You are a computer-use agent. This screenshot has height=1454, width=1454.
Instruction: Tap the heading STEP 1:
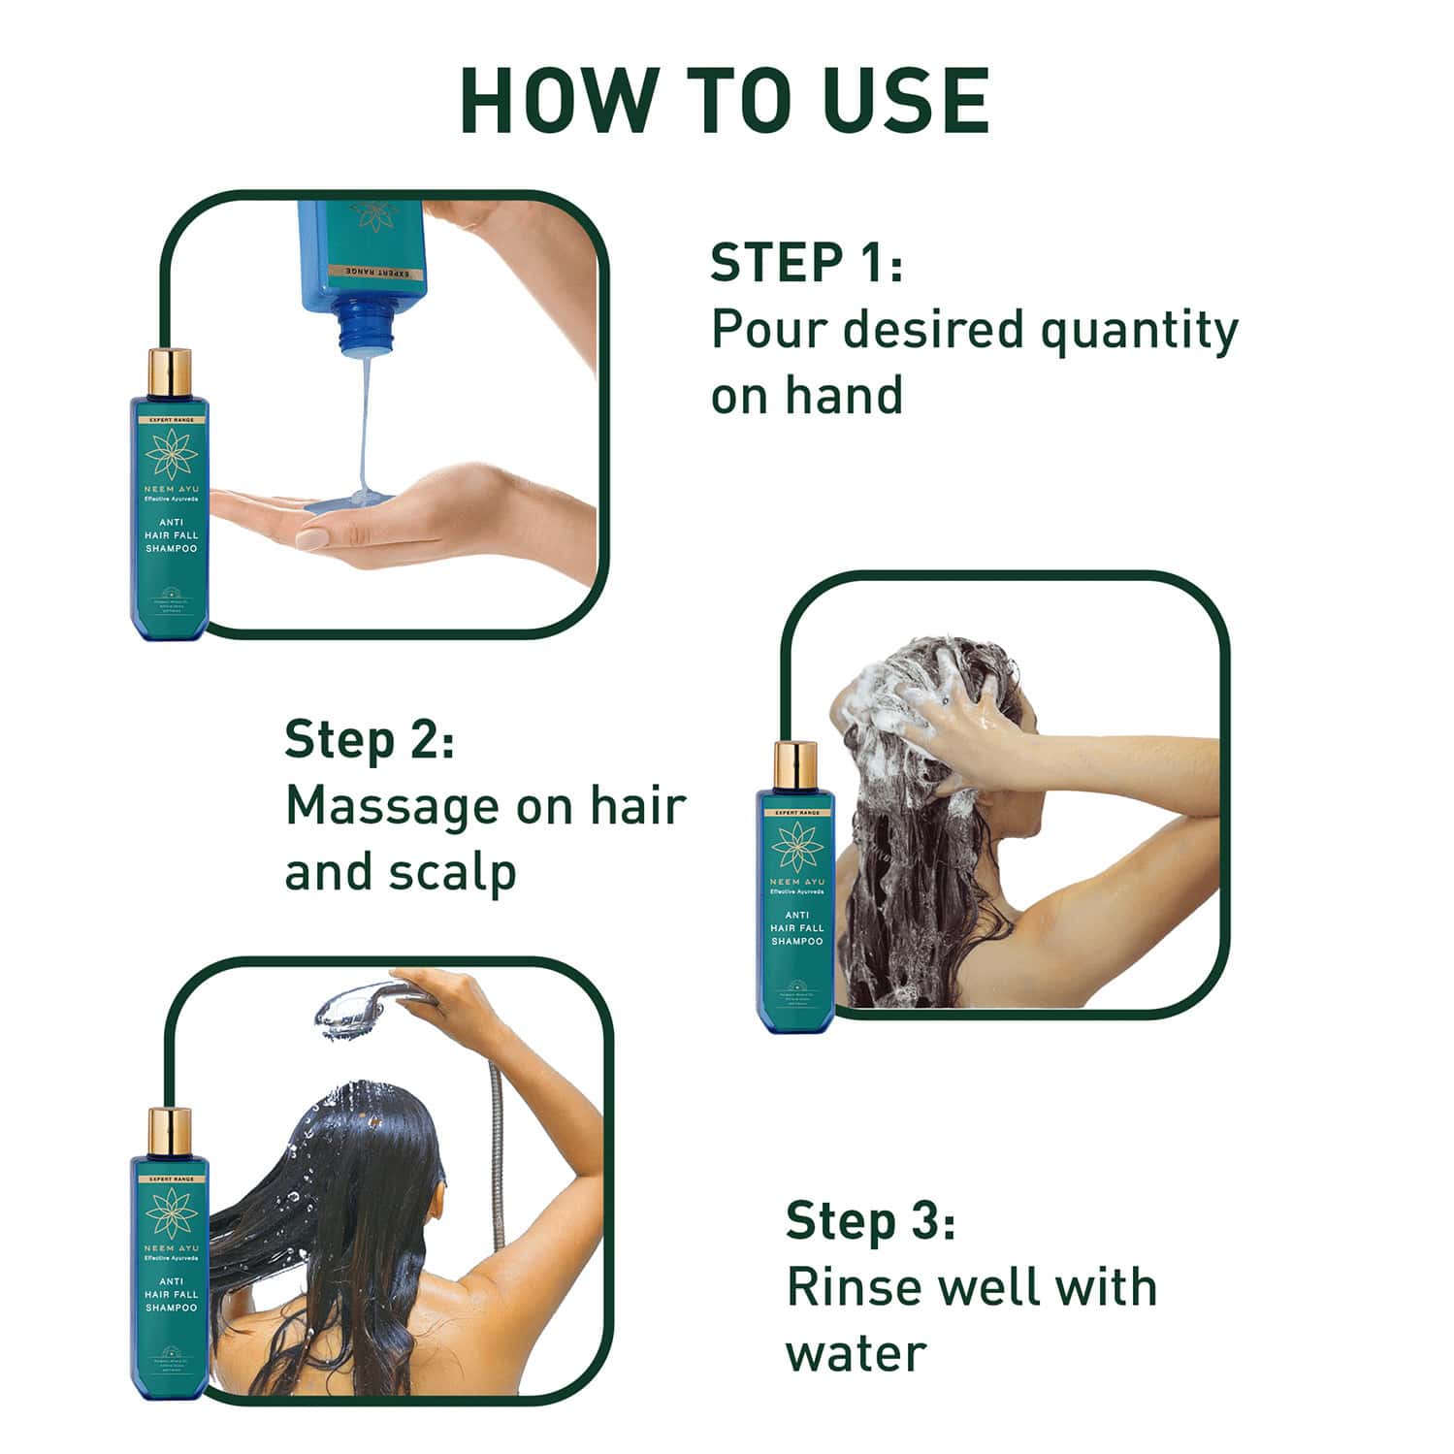(806, 263)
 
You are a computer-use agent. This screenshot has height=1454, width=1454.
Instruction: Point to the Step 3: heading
(870, 1220)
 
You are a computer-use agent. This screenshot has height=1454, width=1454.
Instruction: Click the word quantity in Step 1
(1139, 332)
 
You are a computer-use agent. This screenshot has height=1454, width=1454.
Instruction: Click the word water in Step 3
(856, 1353)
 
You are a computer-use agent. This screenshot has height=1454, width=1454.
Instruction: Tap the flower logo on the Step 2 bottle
(796, 845)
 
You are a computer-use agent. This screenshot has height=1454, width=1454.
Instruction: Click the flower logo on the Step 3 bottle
(171, 1212)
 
